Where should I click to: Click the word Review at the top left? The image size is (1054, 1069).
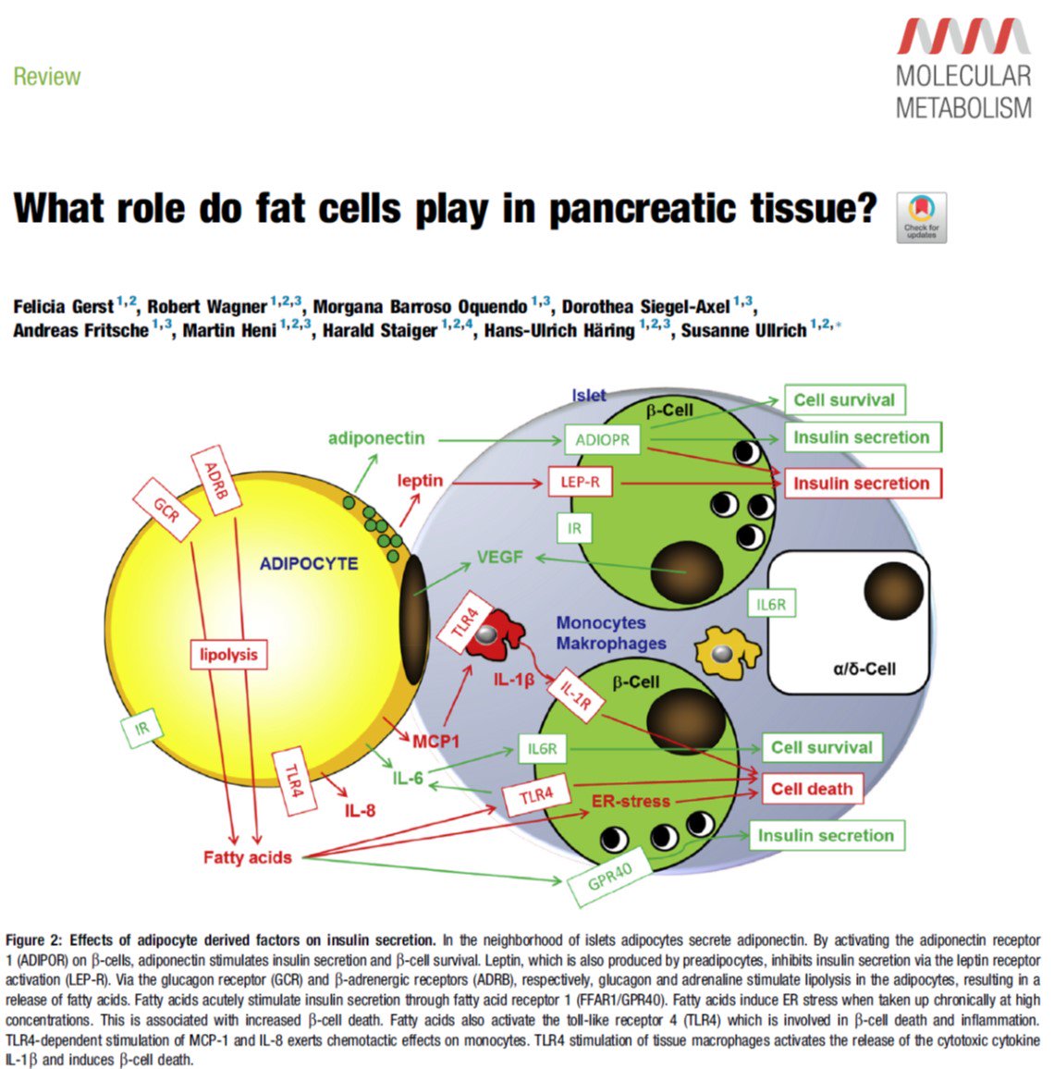[47, 77]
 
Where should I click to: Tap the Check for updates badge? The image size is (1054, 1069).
[921, 217]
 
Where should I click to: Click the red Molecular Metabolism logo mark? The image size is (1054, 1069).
[963, 36]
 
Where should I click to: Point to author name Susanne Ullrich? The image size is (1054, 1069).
[743, 330]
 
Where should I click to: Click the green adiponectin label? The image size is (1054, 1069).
[376, 437]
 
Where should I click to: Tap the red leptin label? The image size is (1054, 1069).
[420, 481]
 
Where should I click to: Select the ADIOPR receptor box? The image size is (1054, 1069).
[602, 440]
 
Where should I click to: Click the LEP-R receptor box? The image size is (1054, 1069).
[581, 482]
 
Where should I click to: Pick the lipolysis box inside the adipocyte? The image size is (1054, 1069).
[228, 655]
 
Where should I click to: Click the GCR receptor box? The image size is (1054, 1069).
[166, 510]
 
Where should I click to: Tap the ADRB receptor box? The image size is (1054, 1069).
[214, 480]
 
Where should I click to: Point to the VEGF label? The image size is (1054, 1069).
[499, 558]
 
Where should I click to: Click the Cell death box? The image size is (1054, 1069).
[811, 789]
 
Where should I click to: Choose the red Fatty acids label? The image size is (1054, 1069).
[247, 857]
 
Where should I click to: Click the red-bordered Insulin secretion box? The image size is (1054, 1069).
[860, 483]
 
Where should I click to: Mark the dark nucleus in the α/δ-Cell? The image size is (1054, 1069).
[893, 589]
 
